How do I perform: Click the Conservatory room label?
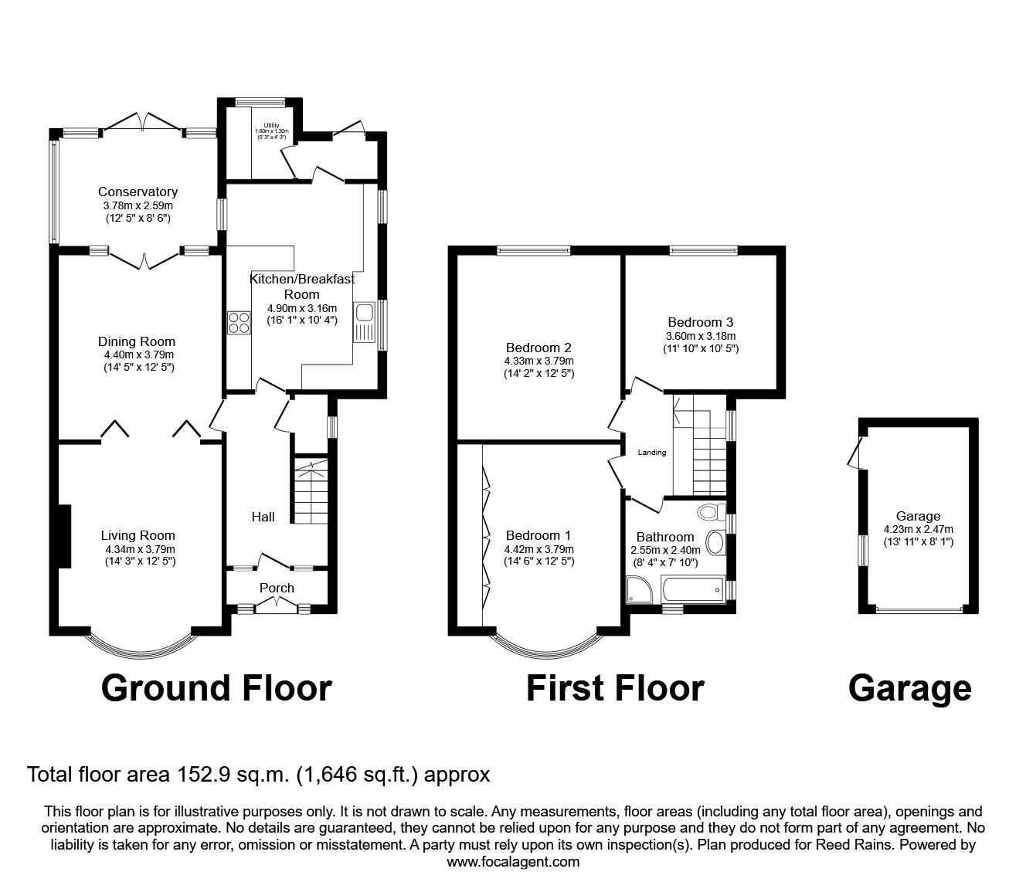pos(138,192)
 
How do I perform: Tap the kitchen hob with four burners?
pos(239,321)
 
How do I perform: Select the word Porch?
pos(277,588)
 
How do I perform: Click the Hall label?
pos(263,517)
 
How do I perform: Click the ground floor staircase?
pos(311,491)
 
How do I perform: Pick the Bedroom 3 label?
pos(700,322)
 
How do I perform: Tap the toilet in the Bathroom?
pos(711,512)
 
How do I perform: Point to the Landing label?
pos(651,453)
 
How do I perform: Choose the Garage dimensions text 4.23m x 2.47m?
pos(918,529)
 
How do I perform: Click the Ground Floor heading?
pos(216,687)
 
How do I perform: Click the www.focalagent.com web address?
pos(512,861)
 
